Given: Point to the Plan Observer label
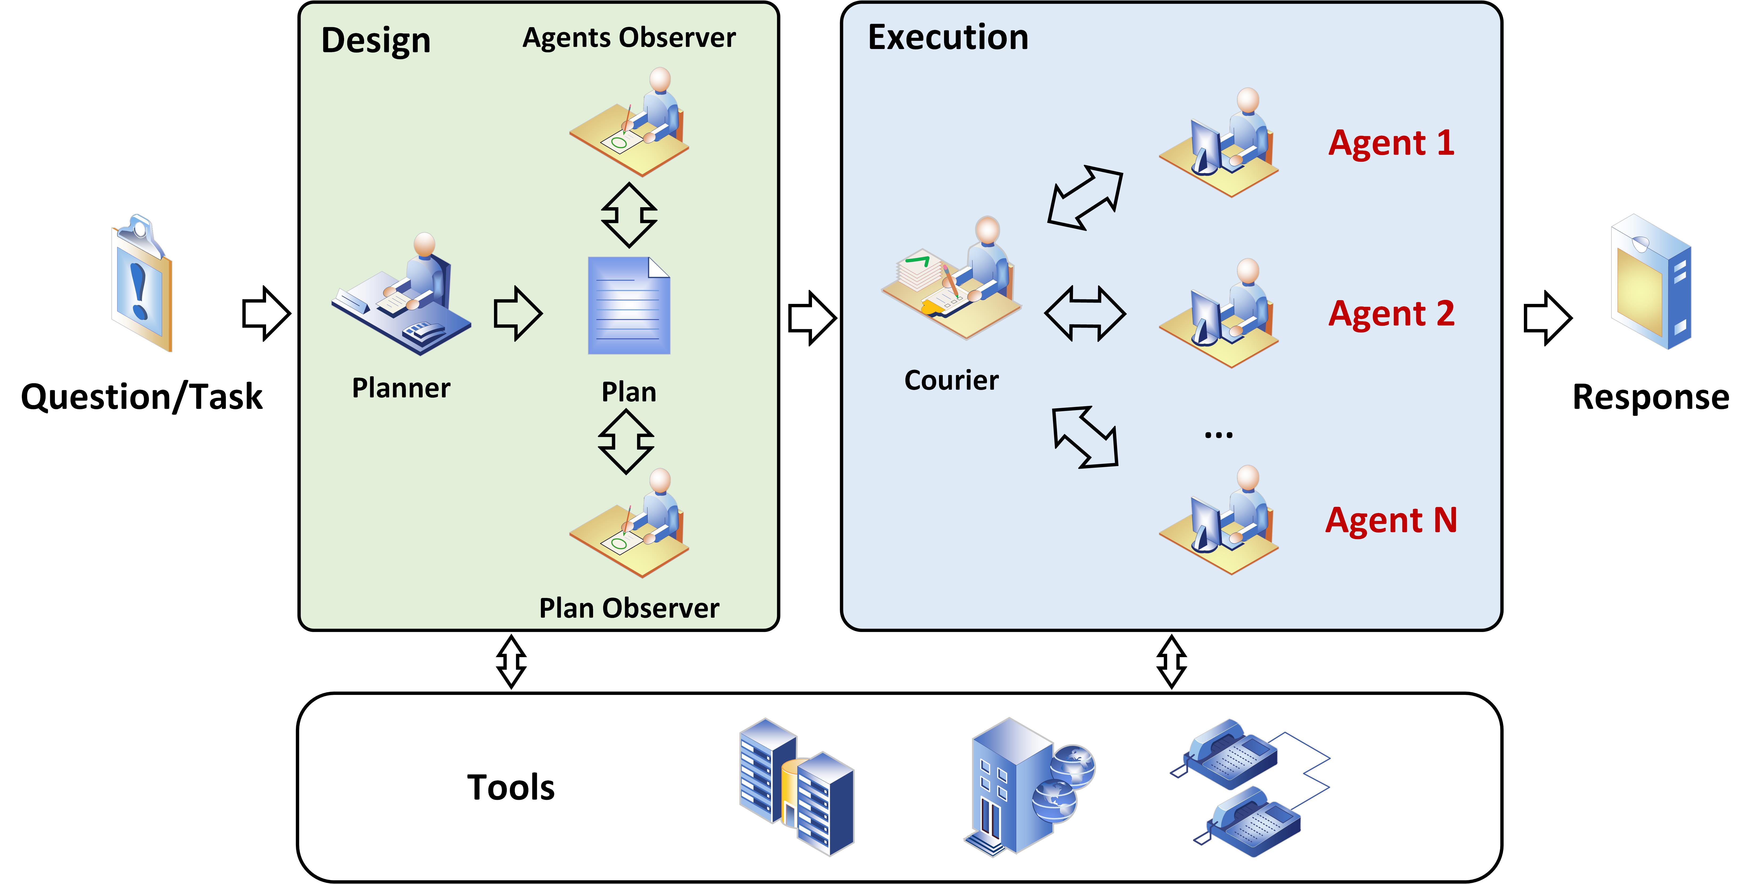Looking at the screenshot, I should pos(629,608).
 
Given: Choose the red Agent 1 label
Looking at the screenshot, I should pos(1391,144).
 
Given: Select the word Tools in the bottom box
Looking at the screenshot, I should pos(511,787).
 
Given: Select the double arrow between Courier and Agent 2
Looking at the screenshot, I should pos(1085,313).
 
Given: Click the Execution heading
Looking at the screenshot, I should pos(948,37).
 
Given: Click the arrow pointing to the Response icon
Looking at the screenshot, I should pos(1547,317).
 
